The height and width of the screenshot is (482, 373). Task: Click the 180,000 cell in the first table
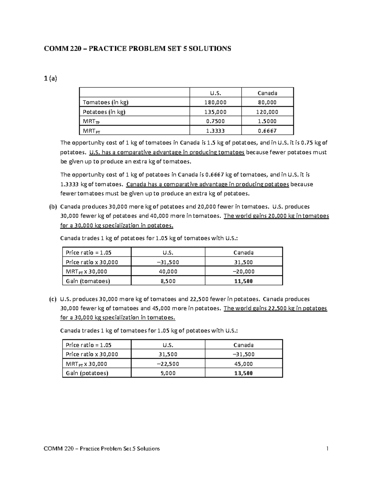(215, 102)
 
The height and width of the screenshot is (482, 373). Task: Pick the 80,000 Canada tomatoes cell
(267, 102)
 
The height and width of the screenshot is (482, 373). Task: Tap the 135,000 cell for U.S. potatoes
(215, 112)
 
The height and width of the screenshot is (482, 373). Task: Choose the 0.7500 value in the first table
(215, 121)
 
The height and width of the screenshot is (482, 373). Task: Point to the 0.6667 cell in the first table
(267, 131)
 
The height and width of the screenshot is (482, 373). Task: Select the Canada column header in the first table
(267, 93)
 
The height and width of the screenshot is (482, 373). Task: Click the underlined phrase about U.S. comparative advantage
(167, 152)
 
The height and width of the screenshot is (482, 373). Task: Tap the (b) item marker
(53, 207)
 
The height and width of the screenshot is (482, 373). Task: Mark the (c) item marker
(53, 299)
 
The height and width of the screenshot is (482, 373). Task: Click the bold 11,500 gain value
(243, 281)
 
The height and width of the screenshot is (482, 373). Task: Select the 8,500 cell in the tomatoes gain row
(168, 281)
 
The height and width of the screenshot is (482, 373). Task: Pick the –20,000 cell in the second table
(243, 272)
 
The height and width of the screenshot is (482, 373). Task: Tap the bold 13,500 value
(243, 373)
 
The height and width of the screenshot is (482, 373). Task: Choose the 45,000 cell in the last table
(243, 364)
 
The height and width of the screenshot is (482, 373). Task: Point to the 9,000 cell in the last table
(168, 373)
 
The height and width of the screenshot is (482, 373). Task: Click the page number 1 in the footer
(327, 448)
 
